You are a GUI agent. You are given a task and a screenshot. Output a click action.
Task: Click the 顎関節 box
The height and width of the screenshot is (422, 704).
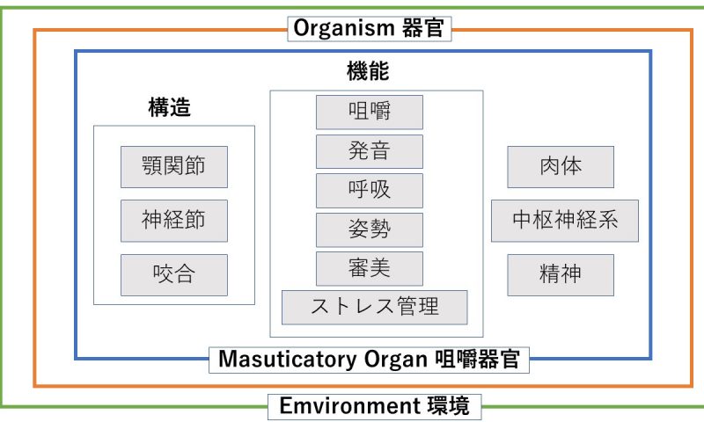174,167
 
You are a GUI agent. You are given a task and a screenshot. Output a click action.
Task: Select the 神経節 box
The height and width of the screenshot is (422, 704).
174,221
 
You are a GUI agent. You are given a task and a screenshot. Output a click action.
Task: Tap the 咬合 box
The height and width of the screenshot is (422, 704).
174,275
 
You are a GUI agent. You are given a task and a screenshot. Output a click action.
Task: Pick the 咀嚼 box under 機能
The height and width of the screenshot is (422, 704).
370,113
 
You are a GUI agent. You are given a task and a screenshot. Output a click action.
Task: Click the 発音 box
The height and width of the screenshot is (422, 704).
370,151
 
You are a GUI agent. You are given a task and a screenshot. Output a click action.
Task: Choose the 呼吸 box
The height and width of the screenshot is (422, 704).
370,191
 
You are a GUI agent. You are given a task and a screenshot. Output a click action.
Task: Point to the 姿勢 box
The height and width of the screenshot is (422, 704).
370,230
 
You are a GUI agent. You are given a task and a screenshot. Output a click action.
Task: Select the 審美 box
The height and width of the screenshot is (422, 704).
370,269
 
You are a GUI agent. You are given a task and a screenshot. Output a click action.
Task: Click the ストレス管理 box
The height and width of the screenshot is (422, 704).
375,307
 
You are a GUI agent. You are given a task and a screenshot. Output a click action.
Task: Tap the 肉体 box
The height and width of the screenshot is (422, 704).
561,167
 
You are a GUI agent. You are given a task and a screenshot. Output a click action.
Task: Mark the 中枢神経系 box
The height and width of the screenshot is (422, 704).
565,221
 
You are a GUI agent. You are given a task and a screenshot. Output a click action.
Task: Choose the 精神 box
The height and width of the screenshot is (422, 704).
561,275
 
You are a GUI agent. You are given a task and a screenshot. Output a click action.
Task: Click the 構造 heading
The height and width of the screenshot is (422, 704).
169,107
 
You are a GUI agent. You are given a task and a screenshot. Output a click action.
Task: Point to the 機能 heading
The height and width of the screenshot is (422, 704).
368,71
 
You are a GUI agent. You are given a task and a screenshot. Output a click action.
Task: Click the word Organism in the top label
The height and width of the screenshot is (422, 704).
343,28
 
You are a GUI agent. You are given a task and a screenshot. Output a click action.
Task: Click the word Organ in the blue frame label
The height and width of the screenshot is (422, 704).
395,360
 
